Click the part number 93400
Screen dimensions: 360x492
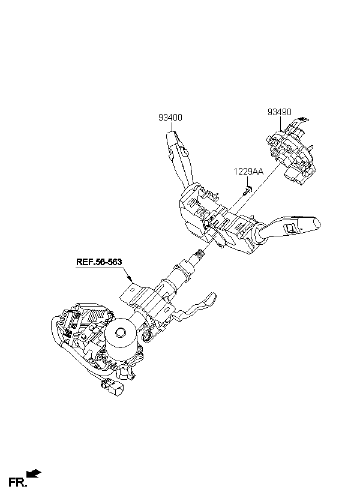[170, 118]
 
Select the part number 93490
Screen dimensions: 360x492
[280, 112]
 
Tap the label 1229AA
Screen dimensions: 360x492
[248, 172]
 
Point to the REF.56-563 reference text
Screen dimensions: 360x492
[99, 262]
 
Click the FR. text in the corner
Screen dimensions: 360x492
[17, 482]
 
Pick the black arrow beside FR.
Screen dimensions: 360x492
[34, 473]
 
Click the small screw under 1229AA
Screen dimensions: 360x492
[248, 190]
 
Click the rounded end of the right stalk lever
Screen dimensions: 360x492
[316, 223]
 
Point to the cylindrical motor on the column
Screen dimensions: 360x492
[121, 340]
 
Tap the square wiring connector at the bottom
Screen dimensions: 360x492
[116, 389]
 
